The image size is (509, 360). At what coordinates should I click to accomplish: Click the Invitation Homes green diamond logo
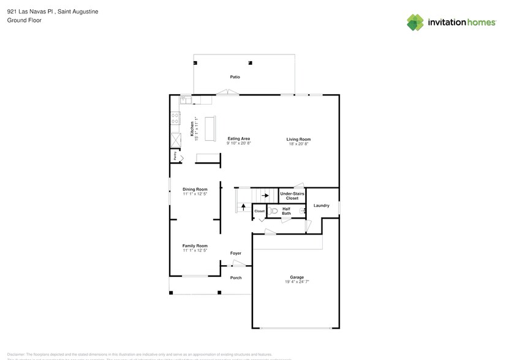tap(415, 22)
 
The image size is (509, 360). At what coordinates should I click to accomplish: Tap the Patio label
tap(235, 77)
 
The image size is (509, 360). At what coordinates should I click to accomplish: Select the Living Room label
tap(298, 139)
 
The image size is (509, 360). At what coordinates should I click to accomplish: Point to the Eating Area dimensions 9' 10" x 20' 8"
tap(239, 143)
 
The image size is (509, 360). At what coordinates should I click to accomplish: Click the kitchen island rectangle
tap(210, 128)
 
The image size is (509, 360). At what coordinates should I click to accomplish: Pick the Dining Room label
tap(195, 189)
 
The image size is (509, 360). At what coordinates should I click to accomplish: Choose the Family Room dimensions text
tap(195, 250)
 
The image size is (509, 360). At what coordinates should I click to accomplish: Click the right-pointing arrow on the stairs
tap(265, 196)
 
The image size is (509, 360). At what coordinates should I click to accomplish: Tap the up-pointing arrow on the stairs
tap(243, 208)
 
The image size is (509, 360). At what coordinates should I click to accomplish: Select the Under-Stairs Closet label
tap(292, 196)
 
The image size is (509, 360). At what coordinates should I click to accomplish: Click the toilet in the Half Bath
tap(274, 211)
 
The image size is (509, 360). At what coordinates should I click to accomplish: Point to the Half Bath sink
tap(302, 211)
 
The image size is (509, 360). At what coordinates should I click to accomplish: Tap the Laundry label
tap(322, 206)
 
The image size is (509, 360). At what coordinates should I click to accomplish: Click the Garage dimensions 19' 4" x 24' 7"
tap(297, 282)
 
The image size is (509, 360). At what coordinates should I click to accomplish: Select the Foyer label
tap(236, 253)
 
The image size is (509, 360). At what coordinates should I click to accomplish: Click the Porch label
tap(236, 277)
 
